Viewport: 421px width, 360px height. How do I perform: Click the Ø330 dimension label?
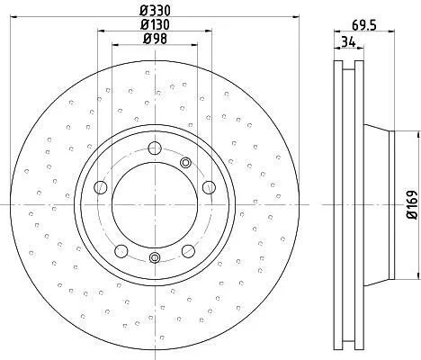155,11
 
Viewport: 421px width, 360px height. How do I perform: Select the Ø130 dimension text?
155,24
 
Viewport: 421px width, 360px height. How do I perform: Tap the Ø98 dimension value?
155,39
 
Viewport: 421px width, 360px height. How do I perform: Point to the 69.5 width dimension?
363,25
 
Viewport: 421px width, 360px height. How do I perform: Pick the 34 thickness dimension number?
348,41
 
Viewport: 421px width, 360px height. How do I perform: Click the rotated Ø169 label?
412,204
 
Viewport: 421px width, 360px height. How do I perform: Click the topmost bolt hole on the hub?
155,148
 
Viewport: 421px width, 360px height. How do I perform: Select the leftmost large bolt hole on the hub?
101,188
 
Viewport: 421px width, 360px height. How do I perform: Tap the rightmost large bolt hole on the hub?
209,187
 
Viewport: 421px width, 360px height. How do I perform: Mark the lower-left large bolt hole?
121,251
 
